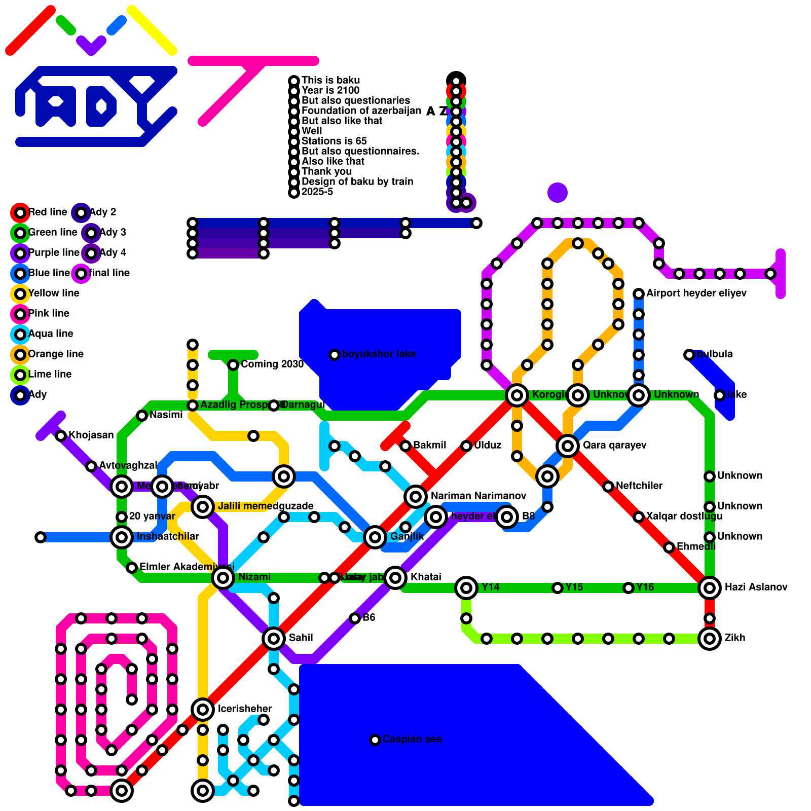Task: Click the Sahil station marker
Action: [274, 638]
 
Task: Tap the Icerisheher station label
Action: [244, 709]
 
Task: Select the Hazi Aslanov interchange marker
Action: [710, 587]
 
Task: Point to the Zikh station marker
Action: [710, 638]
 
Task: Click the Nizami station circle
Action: [223, 577]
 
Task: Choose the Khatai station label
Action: [425, 577]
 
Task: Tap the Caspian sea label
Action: [412, 740]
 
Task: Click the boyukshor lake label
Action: [379, 354]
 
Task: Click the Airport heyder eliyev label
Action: [696, 293]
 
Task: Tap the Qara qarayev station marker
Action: [568, 446]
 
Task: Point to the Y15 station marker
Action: [558, 587]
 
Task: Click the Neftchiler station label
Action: [639, 486]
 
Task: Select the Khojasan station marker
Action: [61, 435]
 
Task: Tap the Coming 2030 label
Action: [272, 364]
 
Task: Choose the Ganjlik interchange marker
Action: [375, 537]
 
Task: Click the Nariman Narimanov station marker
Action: [416, 496]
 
